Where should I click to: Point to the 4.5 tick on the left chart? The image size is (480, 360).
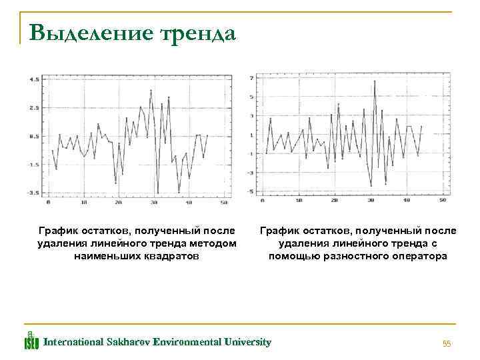coord(34,79)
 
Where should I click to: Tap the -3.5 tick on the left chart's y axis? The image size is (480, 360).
coord(33,193)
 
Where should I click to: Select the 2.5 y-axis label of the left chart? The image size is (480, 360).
coord(34,107)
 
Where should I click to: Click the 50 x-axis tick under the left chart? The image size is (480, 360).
coord(224,202)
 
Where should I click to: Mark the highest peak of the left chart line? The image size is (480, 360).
coord(151,90)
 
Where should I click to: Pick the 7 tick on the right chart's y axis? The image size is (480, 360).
coord(251,78)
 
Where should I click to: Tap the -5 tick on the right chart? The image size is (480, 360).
coord(250,192)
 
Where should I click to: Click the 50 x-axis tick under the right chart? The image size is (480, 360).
coord(443,200)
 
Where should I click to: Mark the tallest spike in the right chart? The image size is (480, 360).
coord(376,81)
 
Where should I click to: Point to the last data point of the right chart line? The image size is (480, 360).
coord(421,126)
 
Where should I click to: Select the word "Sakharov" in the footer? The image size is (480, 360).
coord(127,342)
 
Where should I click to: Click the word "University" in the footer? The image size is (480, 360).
coord(247,342)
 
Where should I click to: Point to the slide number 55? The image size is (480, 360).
coord(447,344)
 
